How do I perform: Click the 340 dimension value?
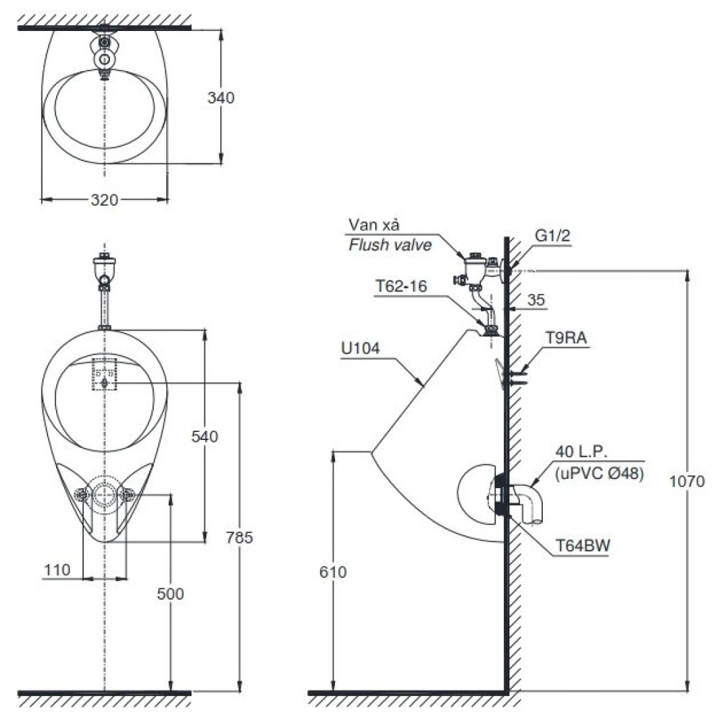tap(221, 98)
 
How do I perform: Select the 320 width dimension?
tap(104, 200)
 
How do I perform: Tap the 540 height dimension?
tap(204, 436)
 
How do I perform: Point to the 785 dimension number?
tap(239, 537)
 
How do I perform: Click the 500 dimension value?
tap(170, 594)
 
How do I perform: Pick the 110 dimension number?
tap(58, 570)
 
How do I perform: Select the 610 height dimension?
tap(333, 572)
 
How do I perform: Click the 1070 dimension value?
tap(687, 482)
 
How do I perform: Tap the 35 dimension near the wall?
tap(536, 300)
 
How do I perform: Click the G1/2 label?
tap(552, 236)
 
